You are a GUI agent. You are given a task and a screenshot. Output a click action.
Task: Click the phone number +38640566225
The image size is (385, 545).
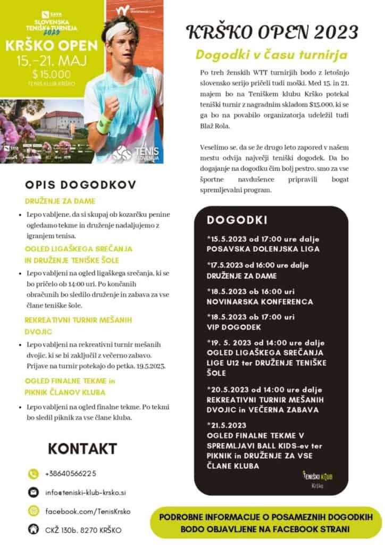click(71, 473)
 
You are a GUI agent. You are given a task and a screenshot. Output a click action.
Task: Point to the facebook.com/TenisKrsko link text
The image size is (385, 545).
click(88, 511)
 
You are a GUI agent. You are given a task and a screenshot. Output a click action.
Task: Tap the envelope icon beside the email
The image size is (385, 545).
click(34, 492)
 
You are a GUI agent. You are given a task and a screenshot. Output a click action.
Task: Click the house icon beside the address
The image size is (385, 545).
click(34, 530)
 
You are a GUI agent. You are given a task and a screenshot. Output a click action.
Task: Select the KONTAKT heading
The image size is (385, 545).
click(82, 448)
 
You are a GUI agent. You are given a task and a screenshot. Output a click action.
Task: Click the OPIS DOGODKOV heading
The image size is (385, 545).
click(80, 185)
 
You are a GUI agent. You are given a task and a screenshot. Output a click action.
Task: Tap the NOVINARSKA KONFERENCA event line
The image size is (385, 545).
click(260, 302)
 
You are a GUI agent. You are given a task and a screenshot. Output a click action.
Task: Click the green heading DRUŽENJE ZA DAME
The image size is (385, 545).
click(60, 201)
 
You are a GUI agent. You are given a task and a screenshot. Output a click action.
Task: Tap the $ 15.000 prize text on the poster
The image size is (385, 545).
click(51, 73)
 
